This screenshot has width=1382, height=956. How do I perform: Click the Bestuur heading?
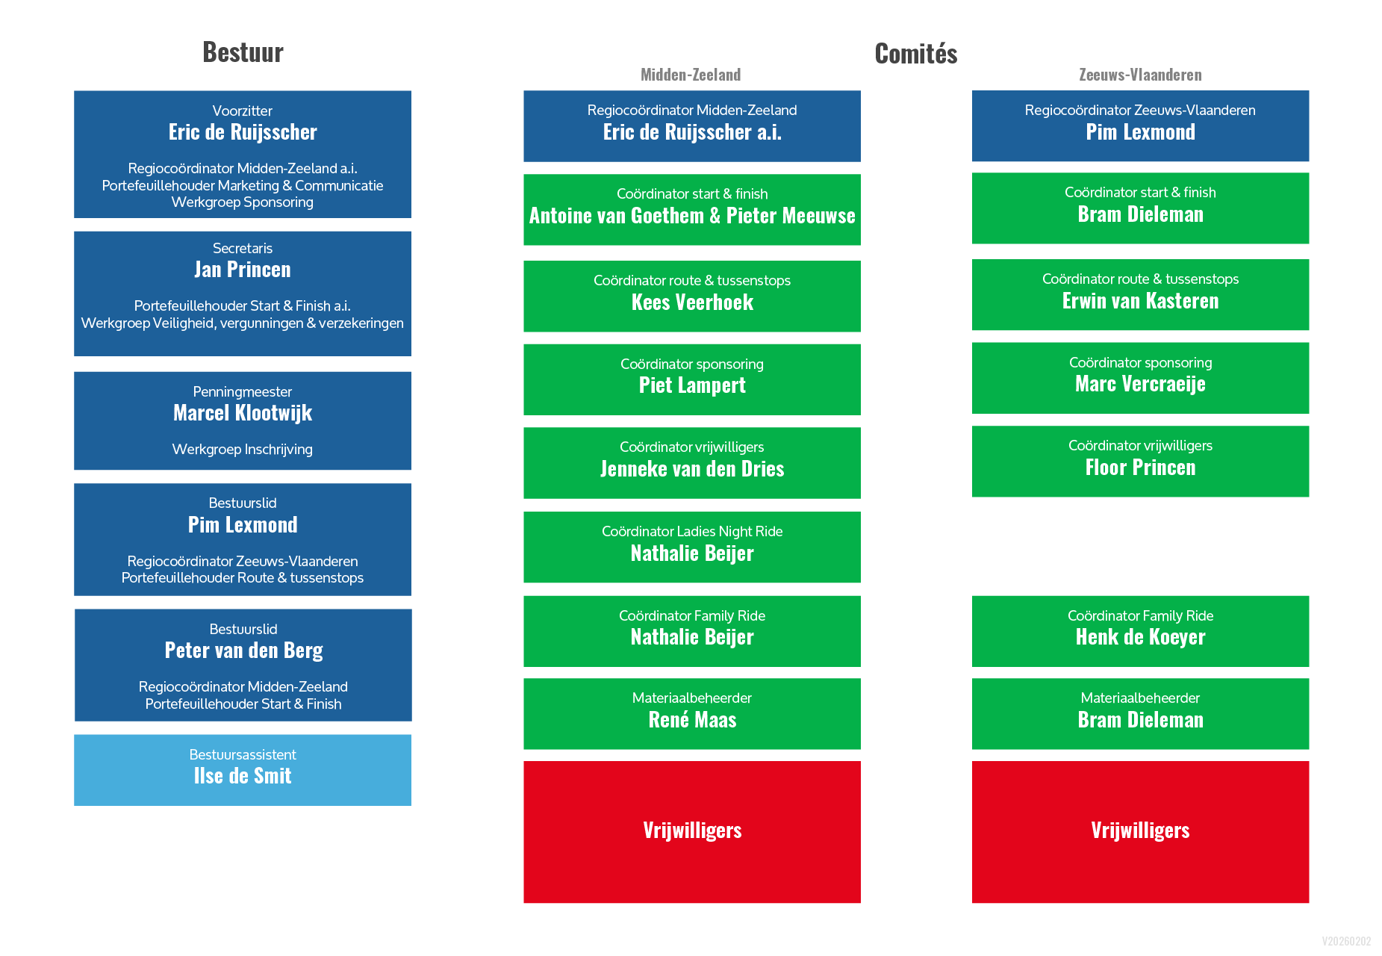[243, 52]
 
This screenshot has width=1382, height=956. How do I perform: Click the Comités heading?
[915, 54]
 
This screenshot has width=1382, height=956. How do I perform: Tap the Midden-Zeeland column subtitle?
[691, 75]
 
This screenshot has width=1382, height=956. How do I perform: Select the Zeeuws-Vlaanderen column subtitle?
[1140, 75]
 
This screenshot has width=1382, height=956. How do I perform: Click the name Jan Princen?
[243, 270]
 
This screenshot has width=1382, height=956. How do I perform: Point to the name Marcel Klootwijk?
[243, 413]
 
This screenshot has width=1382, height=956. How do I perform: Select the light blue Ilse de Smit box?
[243, 770]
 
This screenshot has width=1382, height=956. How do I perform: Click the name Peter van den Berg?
[243, 651]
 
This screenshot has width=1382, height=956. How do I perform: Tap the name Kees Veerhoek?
[692, 302]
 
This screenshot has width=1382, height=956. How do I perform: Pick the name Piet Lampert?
[692, 385]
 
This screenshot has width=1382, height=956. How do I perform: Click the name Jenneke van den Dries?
[692, 469]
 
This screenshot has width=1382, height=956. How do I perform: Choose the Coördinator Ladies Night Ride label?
[692, 532]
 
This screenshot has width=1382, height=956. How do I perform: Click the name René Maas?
[692, 720]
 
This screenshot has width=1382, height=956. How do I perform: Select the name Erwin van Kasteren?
[1140, 301]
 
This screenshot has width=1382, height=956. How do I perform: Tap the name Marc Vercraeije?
[1140, 384]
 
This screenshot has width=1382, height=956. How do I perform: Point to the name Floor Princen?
[1140, 468]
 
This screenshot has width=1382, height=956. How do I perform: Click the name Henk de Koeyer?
[1140, 637]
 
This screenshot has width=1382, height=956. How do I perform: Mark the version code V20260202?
[1346, 941]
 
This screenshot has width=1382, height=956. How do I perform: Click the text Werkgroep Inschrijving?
[243, 450]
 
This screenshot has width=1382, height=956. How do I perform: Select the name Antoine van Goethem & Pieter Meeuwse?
[692, 216]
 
